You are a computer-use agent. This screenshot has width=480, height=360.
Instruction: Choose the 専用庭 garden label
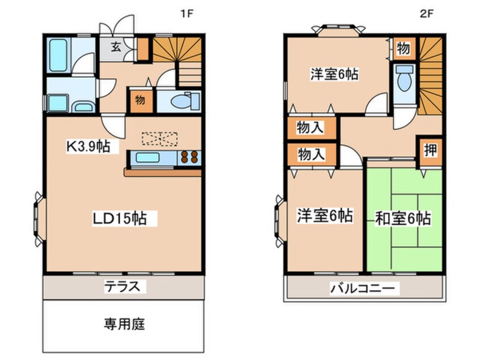click(x=124, y=324)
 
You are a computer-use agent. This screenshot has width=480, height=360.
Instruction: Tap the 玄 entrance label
click(x=115, y=47)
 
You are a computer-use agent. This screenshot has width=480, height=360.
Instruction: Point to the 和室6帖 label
click(x=403, y=218)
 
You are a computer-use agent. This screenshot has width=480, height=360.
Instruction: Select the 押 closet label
click(x=431, y=150)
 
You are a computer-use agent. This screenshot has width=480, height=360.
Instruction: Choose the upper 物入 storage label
click(x=311, y=128)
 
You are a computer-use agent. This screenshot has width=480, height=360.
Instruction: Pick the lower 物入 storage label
click(x=311, y=154)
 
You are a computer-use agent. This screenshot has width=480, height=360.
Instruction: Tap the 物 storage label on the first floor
click(x=140, y=102)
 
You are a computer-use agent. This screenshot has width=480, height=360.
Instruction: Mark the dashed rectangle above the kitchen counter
click(x=159, y=138)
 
